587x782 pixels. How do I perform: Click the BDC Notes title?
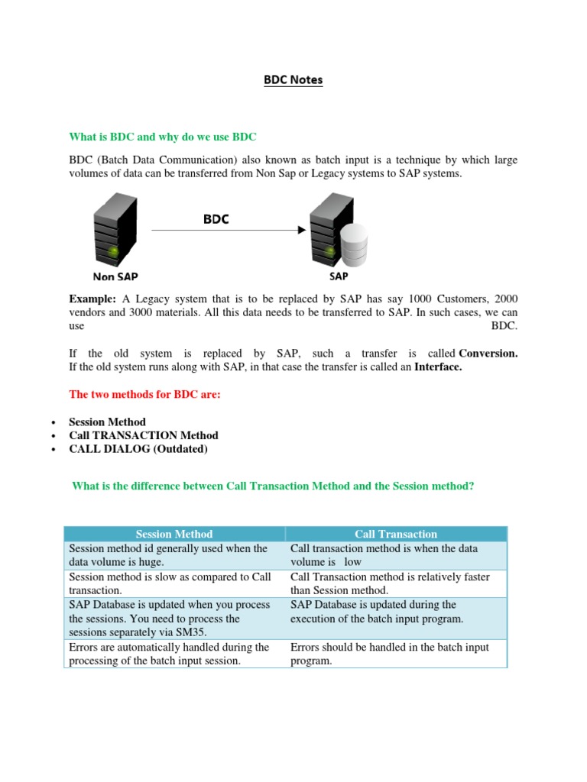pyautogui.click(x=293, y=80)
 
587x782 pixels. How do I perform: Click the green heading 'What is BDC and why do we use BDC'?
pyautogui.click(x=163, y=137)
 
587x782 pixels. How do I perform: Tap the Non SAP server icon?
pyautogui.click(x=115, y=228)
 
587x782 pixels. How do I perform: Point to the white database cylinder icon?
pyautogui.click(x=353, y=244)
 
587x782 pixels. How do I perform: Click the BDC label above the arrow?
pyautogui.click(x=216, y=218)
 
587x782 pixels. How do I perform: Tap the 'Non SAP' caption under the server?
pyautogui.click(x=115, y=276)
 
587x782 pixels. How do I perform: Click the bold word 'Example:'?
pyautogui.click(x=92, y=297)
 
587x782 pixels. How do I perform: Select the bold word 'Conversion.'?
pyautogui.click(x=488, y=354)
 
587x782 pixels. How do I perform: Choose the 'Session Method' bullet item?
pyautogui.click(x=107, y=422)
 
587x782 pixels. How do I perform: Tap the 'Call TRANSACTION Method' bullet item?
pyautogui.click(x=144, y=435)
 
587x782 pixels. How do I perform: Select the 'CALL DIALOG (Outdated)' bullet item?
pyautogui.click(x=138, y=449)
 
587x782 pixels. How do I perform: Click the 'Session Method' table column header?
pyautogui.click(x=174, y=534)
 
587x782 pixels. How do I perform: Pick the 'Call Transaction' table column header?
pyautogui.click(x=396, y=534)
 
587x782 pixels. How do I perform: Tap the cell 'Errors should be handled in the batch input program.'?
pyautogui.click(x=390, y=654)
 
